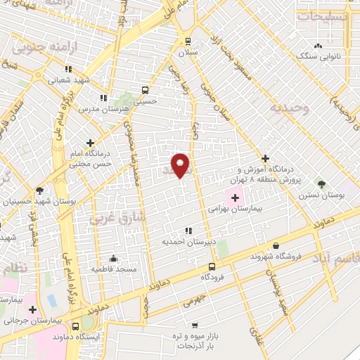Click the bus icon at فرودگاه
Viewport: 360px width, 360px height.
tap(213, 266)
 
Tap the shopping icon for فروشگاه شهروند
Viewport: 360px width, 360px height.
tap(276, 246)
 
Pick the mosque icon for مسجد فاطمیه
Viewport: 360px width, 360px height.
tap(114, 258)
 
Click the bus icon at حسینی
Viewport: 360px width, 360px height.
tap(145, 90)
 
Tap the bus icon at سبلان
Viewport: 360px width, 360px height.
tap(188, 41)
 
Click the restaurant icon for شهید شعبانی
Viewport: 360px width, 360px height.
tap(68, 70)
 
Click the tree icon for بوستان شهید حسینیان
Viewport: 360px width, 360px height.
tap(39, 191)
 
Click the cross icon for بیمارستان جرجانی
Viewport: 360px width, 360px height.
tap(32, 309)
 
